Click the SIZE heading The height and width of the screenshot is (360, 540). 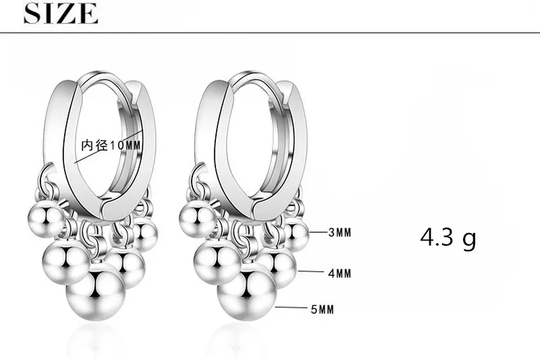click(61, 14)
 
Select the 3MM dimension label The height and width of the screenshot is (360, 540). click(340, 232)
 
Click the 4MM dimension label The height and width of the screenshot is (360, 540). click(340, 274)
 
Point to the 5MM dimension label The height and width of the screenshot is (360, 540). click(323, 309)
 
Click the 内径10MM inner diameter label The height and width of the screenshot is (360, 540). click(111, 145)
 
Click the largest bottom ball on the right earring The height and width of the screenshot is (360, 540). click(247, 295)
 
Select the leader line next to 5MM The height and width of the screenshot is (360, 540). click(291, 307)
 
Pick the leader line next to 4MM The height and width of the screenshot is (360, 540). click(310, 272)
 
